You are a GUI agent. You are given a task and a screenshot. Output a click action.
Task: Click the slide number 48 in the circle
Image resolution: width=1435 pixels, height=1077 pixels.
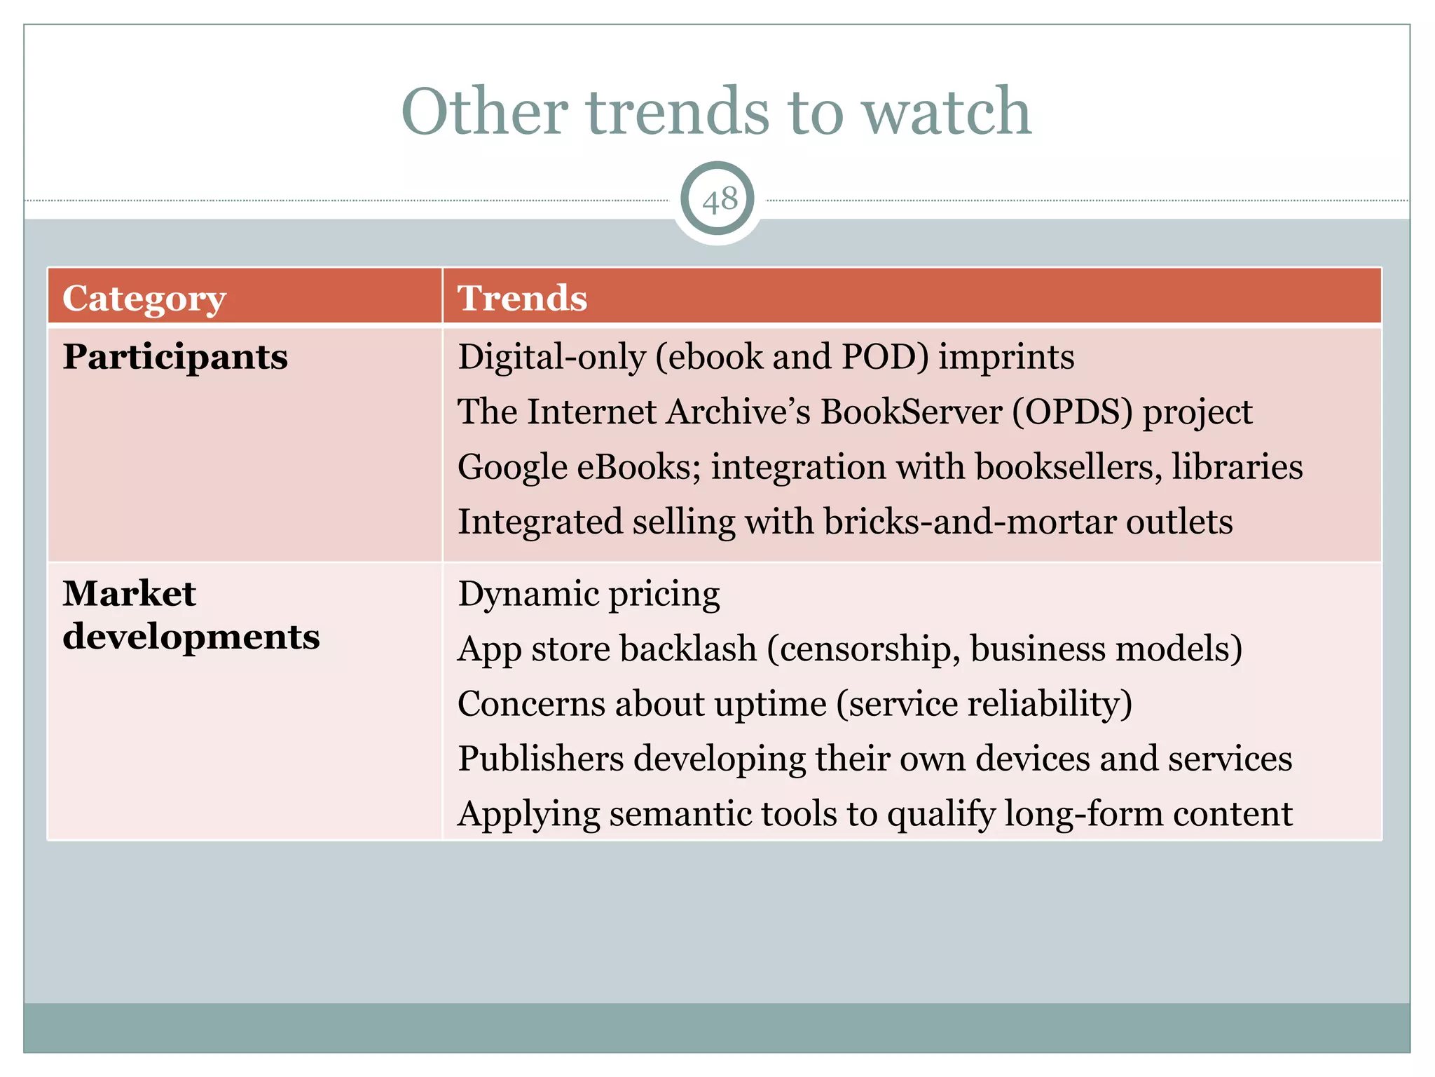tap(720, 201)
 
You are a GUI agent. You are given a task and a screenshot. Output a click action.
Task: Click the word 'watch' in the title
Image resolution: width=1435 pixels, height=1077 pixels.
tap(947, 112)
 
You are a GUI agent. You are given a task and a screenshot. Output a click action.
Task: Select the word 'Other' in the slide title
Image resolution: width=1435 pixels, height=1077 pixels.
tap(484, 112)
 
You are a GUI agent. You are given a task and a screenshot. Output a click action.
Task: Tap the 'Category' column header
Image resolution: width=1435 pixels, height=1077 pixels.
tap(144, 299)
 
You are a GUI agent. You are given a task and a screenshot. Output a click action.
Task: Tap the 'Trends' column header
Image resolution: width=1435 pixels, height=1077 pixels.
tap(522, 298)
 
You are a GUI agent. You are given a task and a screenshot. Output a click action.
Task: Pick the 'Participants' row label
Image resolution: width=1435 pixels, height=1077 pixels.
tap(175, 357)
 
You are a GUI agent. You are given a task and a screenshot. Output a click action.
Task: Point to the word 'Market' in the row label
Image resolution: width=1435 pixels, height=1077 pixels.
tap(130, 594)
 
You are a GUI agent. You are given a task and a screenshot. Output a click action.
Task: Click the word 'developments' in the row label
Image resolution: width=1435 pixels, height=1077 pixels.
tap(191, 637)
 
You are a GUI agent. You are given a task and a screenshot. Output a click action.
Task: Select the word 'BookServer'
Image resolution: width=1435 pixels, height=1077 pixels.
tap(912, 412)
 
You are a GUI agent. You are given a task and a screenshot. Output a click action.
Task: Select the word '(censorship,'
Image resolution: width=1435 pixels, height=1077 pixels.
tap(865, 649)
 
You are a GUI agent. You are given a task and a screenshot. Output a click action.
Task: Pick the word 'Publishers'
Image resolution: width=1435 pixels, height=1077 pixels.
tap(541, 759)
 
